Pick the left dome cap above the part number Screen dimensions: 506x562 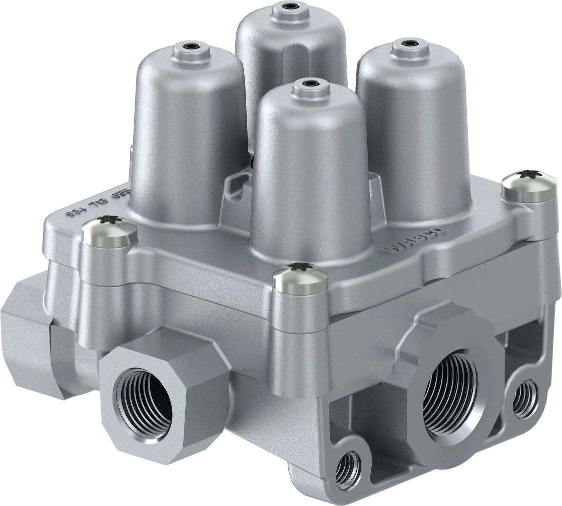[x=188, y=135]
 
